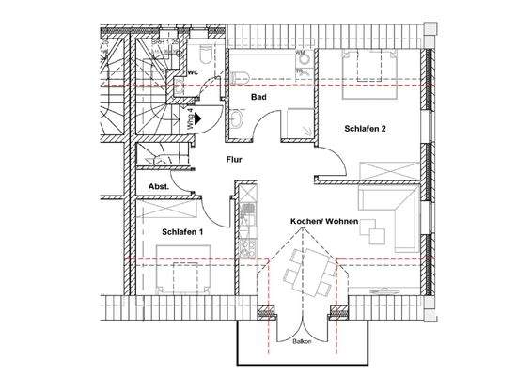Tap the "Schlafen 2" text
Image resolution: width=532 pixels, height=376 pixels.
(x=365, y=129)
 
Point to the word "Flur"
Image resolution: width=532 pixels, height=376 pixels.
(x=235, y=160)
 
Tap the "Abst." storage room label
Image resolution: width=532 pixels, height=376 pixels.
(x=159, y=187)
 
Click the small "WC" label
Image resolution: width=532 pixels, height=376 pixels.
(x=193, y=72)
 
